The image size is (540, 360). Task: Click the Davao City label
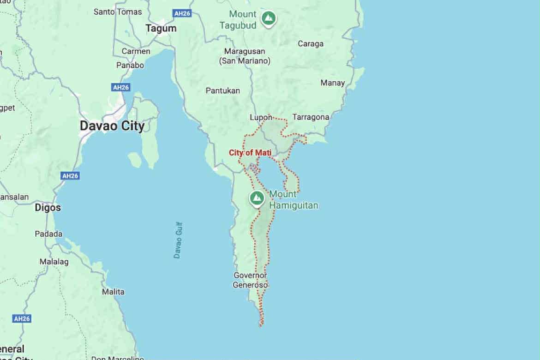(x=112, y=126)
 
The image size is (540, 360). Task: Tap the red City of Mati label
(x=250, y=153)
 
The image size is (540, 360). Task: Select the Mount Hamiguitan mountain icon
(x=257, y=198)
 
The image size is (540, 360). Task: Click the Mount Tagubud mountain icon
(x=268, y=18)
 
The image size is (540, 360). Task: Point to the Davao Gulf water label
(x=178, y=240)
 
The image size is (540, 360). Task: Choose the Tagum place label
(x=161, y=29)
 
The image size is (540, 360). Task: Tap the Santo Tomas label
(x=118, y=12)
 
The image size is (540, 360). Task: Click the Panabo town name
(x=130, y=65)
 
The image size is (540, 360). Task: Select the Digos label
(x=48, y=208)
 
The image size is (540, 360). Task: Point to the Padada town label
(x=48, y=234)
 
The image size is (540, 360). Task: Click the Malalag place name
(x=54, y=262)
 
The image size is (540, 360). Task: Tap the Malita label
(x=113, y=292)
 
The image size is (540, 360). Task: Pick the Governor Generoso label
(x=250, y=280)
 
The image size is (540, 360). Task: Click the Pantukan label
(x=222, y=90)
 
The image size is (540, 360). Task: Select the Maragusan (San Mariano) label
(x=245, y=56)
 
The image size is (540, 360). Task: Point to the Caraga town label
(x=310, y=44)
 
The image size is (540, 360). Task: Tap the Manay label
(x=333, y=83)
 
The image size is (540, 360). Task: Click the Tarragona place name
(x=311, y=117)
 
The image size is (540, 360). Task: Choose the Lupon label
(x=261, y=117)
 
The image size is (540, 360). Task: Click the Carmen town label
(x=136, y=51)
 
